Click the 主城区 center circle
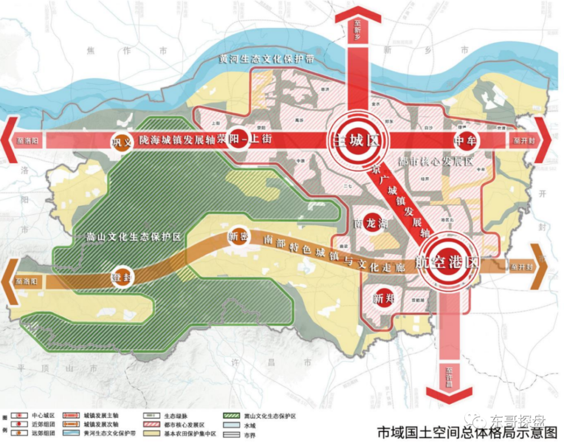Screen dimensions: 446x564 (356, 140)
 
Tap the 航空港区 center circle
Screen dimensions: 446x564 (449, 262)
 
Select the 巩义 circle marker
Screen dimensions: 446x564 (122, 141)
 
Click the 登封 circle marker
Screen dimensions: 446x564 (124, 277)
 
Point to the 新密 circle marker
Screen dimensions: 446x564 (237, 237)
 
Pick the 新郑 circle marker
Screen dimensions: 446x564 (383, 298)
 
